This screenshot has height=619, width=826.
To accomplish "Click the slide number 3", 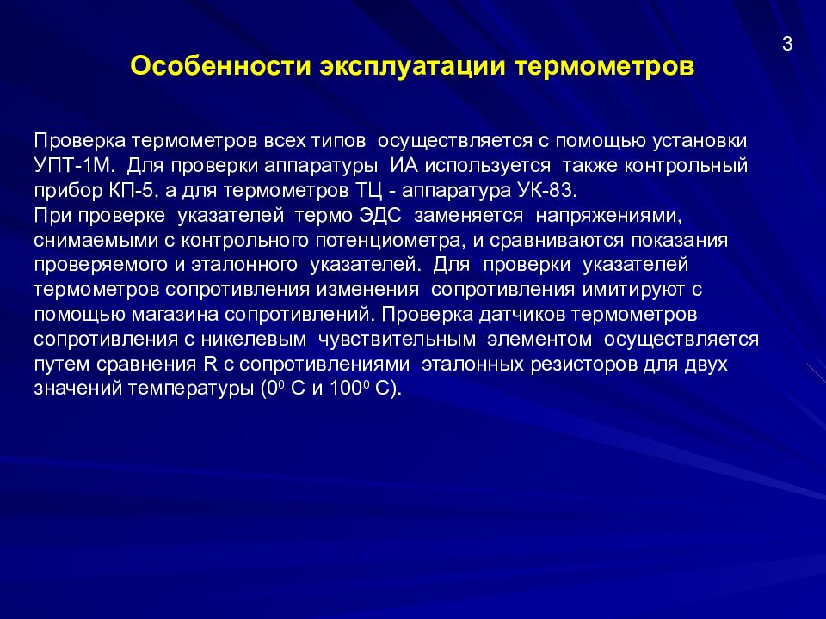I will (786, 46).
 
